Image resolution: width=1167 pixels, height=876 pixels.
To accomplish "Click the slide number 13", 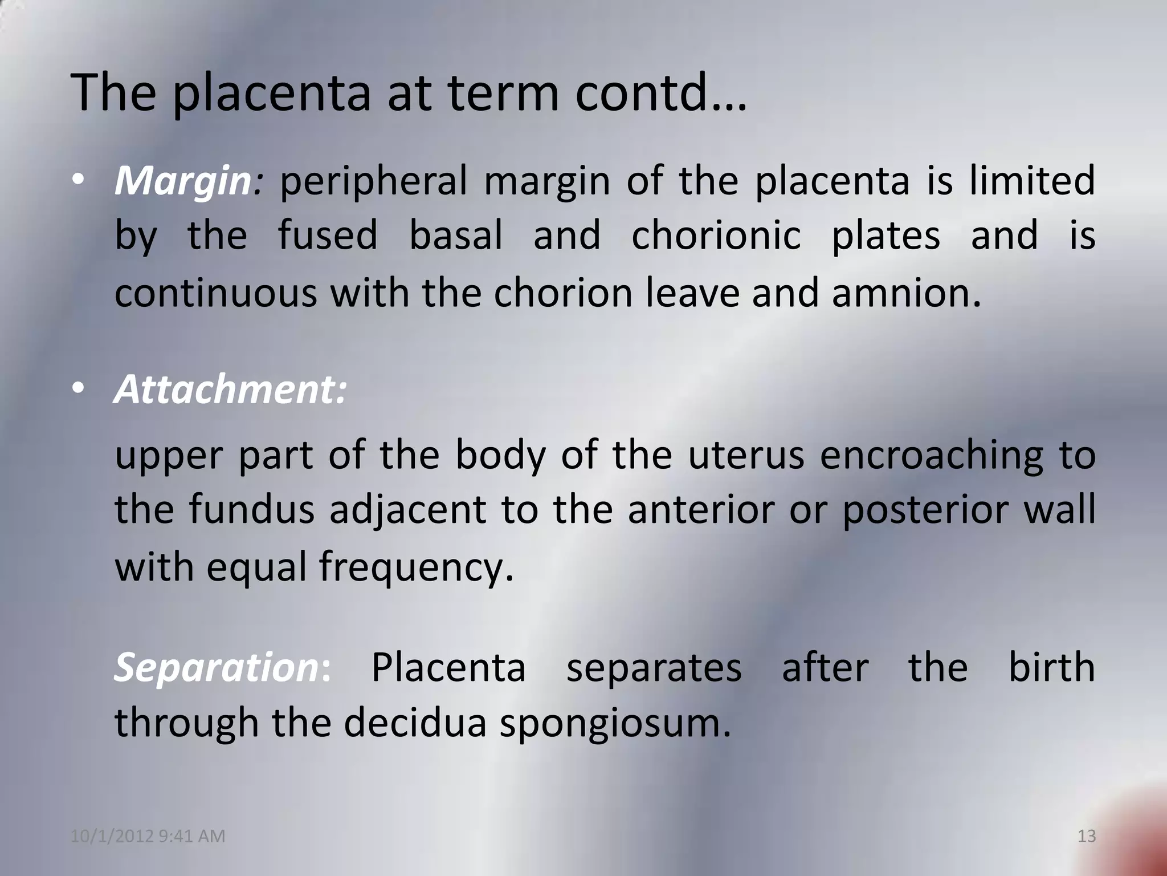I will pyautogui.click(x=1087, y=836).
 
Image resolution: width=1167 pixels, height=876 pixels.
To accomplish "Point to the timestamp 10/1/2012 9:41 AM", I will pyautogui.click(x=148, y=836).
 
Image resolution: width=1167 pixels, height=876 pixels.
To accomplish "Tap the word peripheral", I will pyautogui.click(x=373, y=181).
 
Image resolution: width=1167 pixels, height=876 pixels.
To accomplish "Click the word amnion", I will pyautogui.click(x=906, y=293).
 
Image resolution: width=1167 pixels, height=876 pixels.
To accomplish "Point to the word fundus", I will pyautogui.click(x=251, y=510).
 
